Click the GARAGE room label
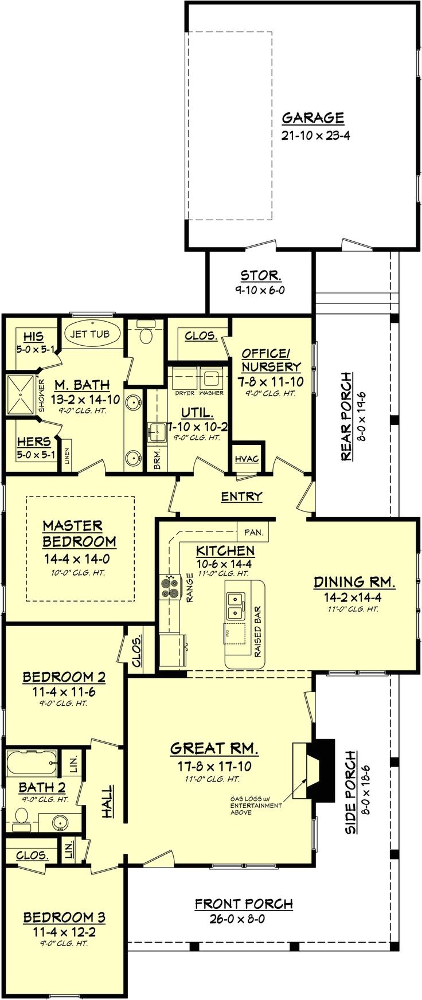313,118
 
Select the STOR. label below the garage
260,275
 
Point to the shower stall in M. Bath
21,395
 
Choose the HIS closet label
33,337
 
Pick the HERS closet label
33,442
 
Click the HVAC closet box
247,459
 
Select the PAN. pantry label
253,532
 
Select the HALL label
107,802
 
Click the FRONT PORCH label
244,904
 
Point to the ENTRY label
241,497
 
